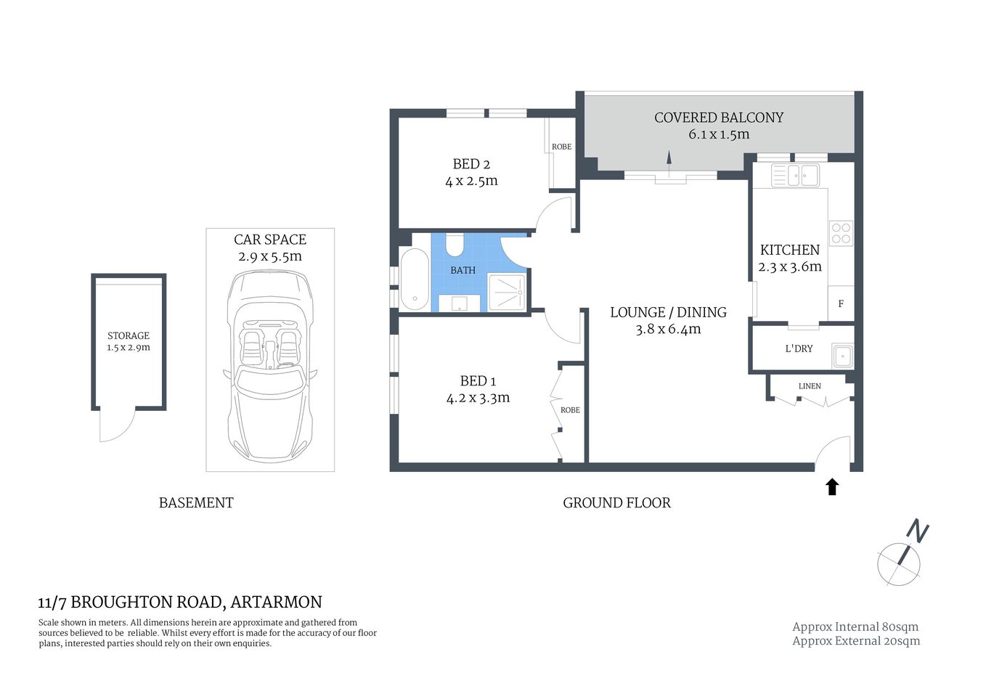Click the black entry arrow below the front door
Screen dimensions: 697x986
(x=832, y=486)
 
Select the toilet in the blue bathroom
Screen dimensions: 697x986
(x=455, y=245)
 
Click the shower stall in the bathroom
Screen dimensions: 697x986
(x=507, y=292)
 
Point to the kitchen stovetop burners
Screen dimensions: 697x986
(x=841, y=233)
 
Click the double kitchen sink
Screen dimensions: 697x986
(x=795, y=175)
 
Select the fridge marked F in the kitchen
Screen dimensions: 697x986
(x=841, y=303)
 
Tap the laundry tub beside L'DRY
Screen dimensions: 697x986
(x=842, y=356)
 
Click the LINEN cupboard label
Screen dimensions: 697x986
(x=810, y=386)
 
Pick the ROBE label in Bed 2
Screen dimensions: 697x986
(x=561, y=147)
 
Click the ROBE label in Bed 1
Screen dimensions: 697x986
(x=570, y=410)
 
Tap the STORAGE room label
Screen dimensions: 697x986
(x=129, y=335)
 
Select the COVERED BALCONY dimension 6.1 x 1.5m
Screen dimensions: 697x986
(x=719, y=134)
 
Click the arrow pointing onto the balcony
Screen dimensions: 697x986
(x=669, y=161)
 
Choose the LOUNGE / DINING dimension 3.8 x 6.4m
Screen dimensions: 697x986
(x=668, y=329)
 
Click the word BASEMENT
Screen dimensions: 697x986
(x=196, y=502)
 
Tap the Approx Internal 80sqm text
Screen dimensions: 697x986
(x=855, y=627)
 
